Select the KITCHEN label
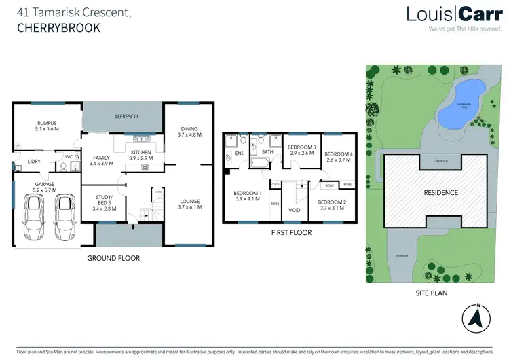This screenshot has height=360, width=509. (140, 151)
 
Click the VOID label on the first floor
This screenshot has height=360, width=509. (294, 210)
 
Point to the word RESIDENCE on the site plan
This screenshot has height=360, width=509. (441, 192)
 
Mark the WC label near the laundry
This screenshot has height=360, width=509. (69, 156)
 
